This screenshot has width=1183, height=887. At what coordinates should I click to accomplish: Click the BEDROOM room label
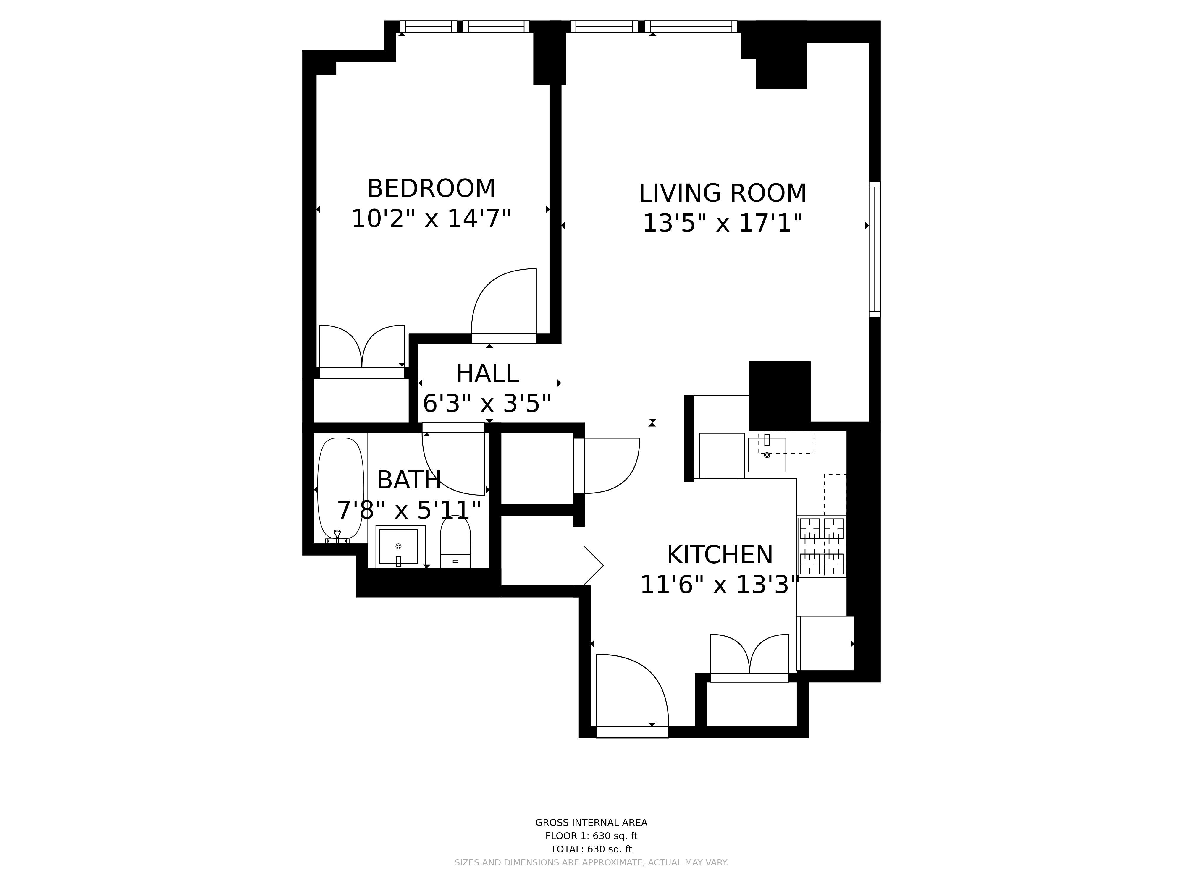[431, 189]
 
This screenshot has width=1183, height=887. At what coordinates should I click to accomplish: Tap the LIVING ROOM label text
[723, 193]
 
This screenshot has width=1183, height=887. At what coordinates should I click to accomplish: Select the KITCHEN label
[720, 555]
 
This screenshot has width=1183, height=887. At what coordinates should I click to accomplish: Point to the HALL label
[487, 374]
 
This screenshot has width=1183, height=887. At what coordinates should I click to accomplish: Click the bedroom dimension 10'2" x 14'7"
[431, 219]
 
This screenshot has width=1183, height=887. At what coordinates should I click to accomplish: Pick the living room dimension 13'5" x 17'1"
[723, 223]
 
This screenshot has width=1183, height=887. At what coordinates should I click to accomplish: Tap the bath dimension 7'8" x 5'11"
[409, 510]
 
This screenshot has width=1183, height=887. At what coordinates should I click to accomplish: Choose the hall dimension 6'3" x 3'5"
[487, 404]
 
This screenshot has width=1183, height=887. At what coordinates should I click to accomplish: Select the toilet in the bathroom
[455, 542]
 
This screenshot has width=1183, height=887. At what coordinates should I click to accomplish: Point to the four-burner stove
[822, 546]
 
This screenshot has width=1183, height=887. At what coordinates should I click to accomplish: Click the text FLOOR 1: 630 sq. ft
[591, 836]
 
